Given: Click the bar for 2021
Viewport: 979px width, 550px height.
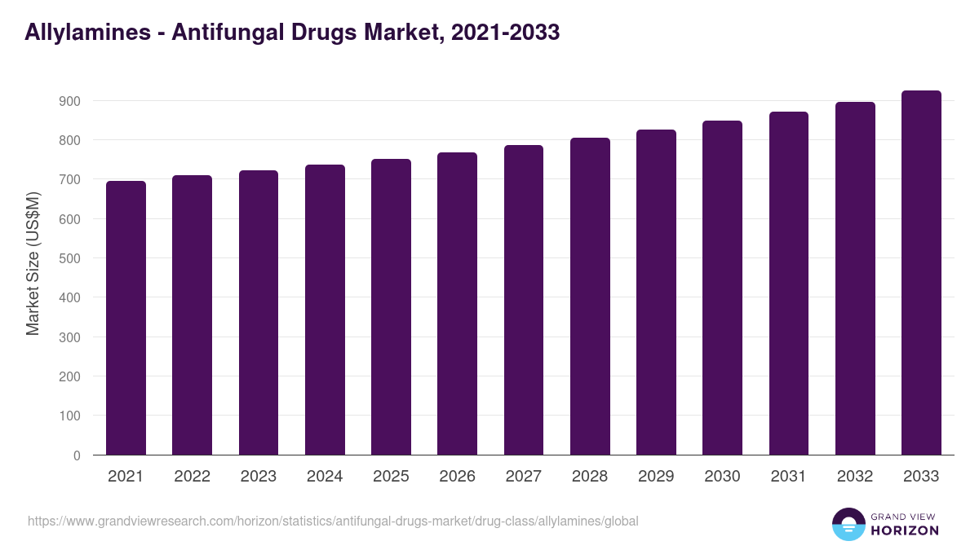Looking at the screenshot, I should tap(126, 318).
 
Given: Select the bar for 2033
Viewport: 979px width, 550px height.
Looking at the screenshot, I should tap(921, 273).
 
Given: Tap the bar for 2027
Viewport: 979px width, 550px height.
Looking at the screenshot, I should tap(524, 300).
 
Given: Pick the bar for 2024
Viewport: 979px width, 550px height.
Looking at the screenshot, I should tap(325, 310).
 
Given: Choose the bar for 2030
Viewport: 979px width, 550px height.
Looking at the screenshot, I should tap(722, 288).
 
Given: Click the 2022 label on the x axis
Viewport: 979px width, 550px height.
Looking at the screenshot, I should tap(192, 477).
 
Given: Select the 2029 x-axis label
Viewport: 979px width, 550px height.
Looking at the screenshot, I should tap(656, 477).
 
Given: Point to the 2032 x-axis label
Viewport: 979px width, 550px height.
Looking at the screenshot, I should tap(855, 477).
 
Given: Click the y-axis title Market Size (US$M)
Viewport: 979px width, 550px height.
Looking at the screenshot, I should tap(33, 263).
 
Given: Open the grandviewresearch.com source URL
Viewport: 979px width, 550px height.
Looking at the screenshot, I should tap(333, 521).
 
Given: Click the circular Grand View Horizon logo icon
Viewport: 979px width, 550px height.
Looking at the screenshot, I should tap(848, 524).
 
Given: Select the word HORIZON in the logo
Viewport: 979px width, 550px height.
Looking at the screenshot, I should tap(905, 530).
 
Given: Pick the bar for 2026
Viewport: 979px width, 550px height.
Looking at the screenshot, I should tap(457, 304).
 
